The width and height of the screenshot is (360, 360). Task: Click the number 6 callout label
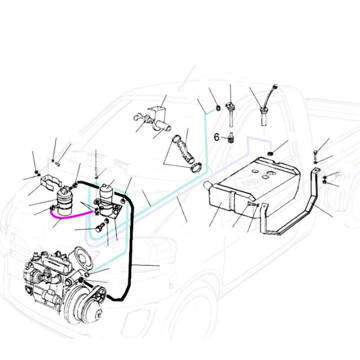(x=216, y=136)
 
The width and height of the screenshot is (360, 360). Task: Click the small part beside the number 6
(x=231, y=138)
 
